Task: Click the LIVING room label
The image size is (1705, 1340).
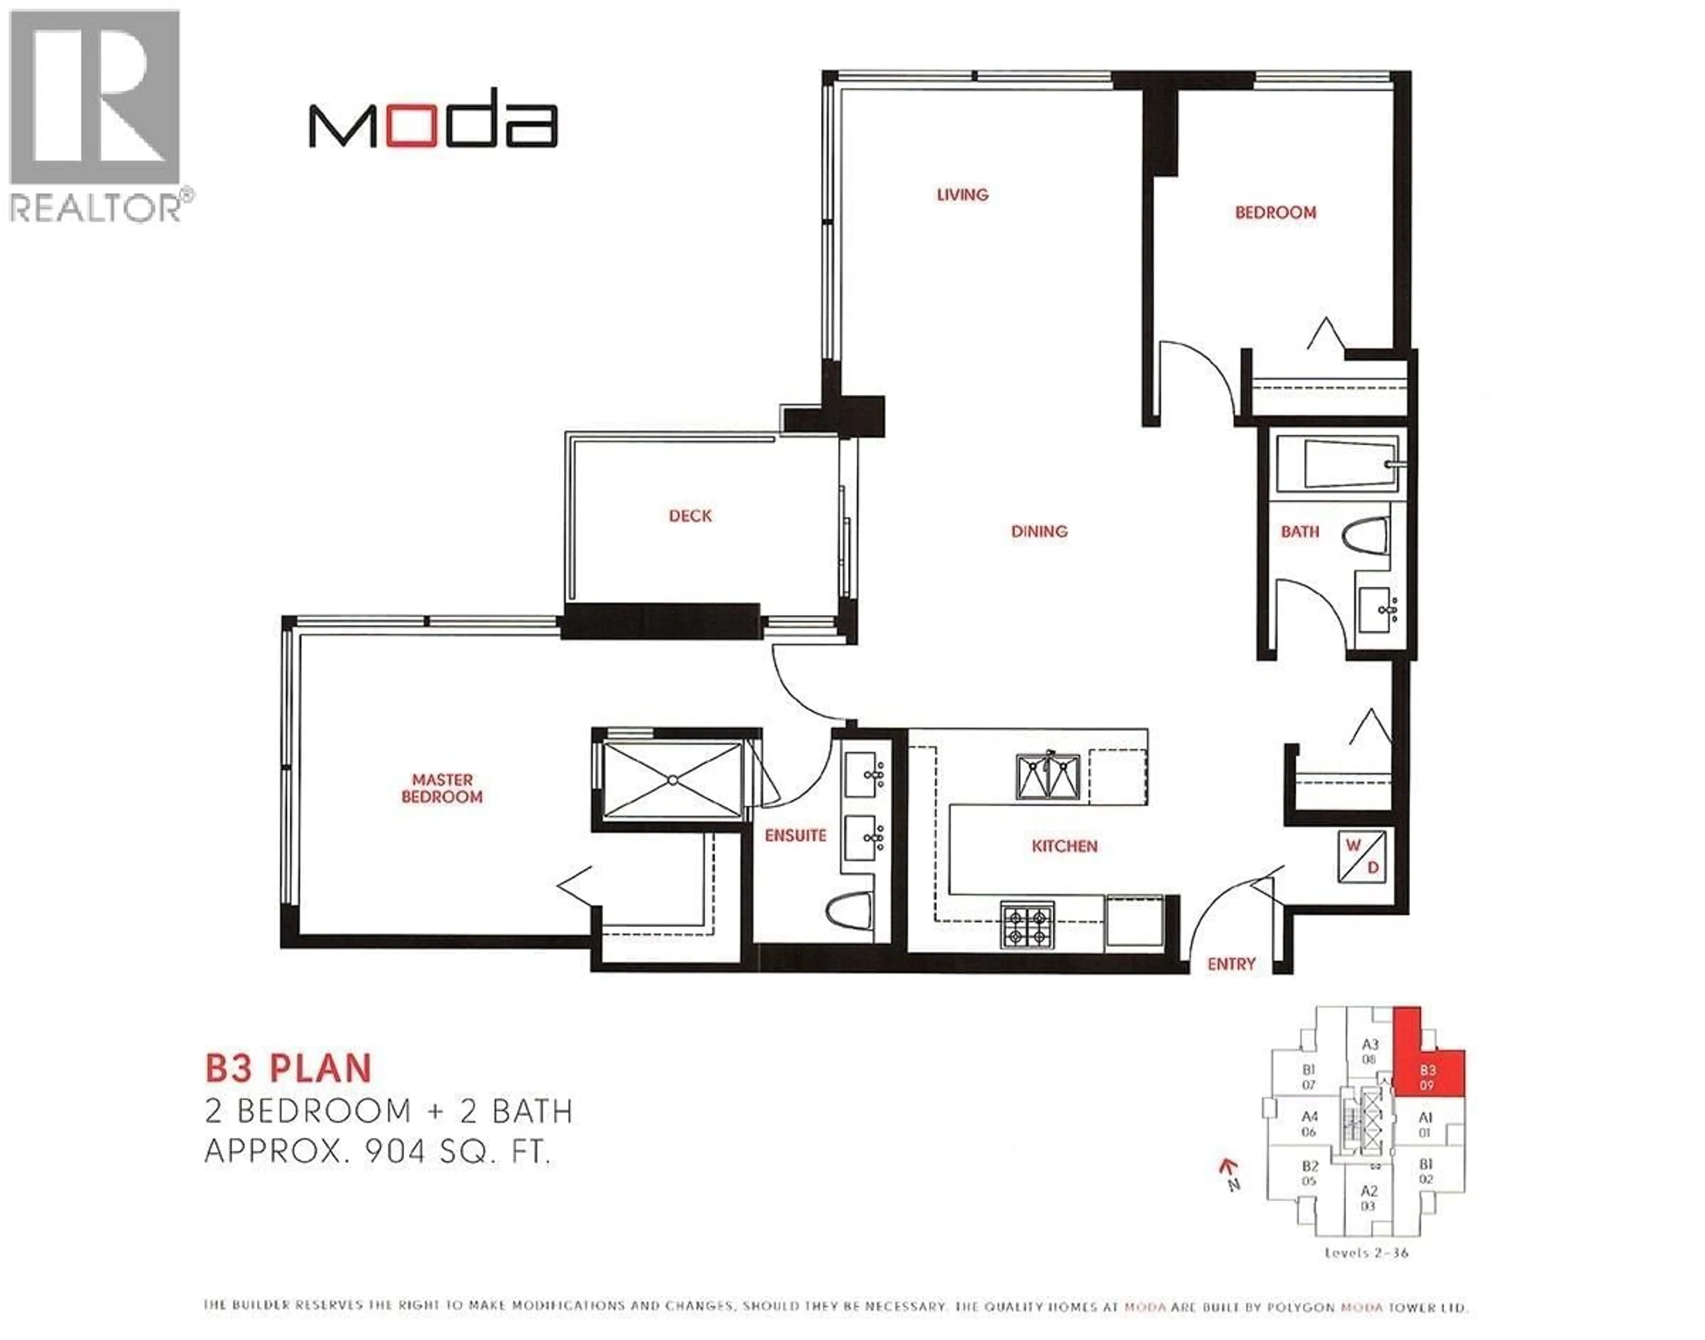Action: pyautogui.click(x=962, y=194)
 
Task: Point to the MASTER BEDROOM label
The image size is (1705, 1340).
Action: pyautogui.click(x=442, y=789)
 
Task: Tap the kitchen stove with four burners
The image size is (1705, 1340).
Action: pyautogui.click(x=1027, y=926)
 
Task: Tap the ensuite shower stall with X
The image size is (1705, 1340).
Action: pyautogui.click(x=672, y=781)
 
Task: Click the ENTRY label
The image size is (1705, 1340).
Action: pyautogui.click(x=1231, y=964)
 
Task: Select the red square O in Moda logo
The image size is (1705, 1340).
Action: pyautogui.click(x=411, y=126)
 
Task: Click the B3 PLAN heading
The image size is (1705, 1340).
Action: pyautogui.click(x=288, y=1069)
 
